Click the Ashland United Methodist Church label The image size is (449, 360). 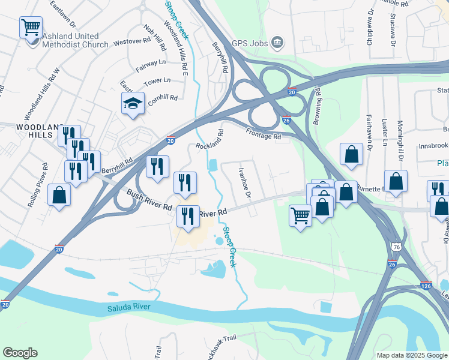point(75,40)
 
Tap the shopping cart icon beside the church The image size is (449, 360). point(31,27)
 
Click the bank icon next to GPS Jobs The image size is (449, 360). point(277,42)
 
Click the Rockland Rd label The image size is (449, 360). point(209,140)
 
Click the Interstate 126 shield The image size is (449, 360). point(426,287)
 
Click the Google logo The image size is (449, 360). point(20,353)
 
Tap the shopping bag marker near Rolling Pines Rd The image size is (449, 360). point(59,195)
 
